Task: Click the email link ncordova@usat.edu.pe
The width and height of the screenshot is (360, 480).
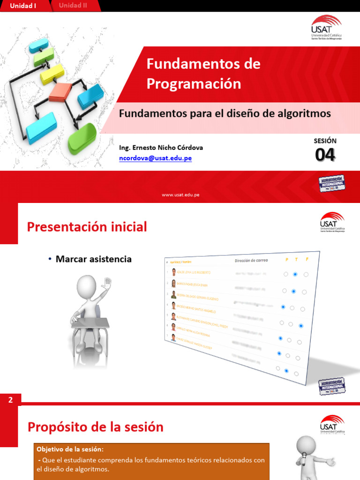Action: [155, 158]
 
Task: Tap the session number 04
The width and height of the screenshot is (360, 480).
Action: [325, 155]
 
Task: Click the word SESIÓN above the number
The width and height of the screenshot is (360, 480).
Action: [325, 141]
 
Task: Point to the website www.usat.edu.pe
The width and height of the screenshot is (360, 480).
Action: [180, 195]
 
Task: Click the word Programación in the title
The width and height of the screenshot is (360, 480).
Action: [194, 84]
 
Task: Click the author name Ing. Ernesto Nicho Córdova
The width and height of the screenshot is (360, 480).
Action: [161, 147]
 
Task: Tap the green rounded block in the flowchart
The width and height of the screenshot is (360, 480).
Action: [82, 138]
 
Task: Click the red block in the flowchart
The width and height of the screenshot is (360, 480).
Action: [60, 92]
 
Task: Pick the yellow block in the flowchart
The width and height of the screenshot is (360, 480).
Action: [52, 74]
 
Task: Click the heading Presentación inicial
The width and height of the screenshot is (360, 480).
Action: [87, 227]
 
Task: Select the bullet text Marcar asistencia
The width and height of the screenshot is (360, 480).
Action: [93, 259]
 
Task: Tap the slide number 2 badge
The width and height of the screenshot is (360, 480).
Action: [10, 400]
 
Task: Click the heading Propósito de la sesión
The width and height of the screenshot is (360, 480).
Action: [95, 427]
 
